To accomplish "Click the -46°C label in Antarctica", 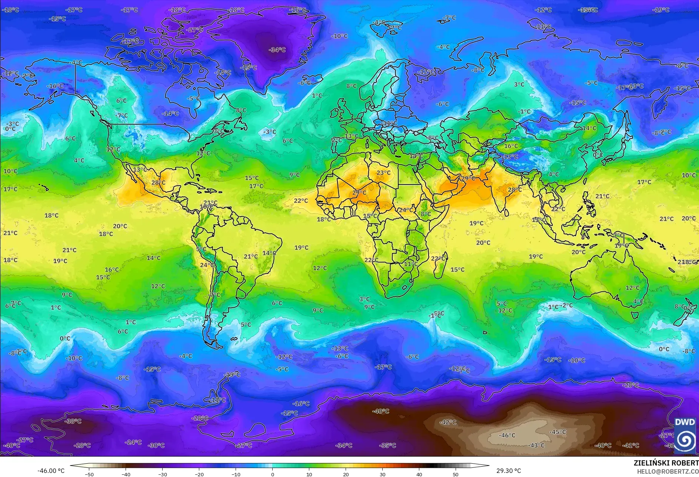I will pyautogui.click(x=507, y=435).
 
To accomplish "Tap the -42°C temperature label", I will pyautogui.click(x=448, y=422).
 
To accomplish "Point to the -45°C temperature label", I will pyautogui.click(x=557, y=432).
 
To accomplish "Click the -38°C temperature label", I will pyautogui.click(x=73, y=421).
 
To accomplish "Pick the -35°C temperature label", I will pyautogui.click(x=387, y=445).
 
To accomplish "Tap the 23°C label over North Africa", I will pyautogui.click(x=383, y=172).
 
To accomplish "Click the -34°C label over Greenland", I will pyautogui.click(x=277, y=50).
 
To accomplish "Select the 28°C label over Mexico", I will pyautogui.click(x=158, y=182).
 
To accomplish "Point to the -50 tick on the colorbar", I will pyautogui.click(x=89, y=474).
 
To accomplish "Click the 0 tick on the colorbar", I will pyautogui.click(x=273, y=474).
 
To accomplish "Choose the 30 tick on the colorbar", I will pyautogui.click(x=382, y=474).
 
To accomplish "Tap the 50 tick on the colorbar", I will pyautogui.click(x=455, y=474).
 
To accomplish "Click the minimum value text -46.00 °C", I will pyautogui.click(x=51, y=471).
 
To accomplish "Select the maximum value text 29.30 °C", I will pyautogui.click(x=509, y=471).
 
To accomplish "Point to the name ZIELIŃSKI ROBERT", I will pyautogui.click(x=666, y=463).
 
